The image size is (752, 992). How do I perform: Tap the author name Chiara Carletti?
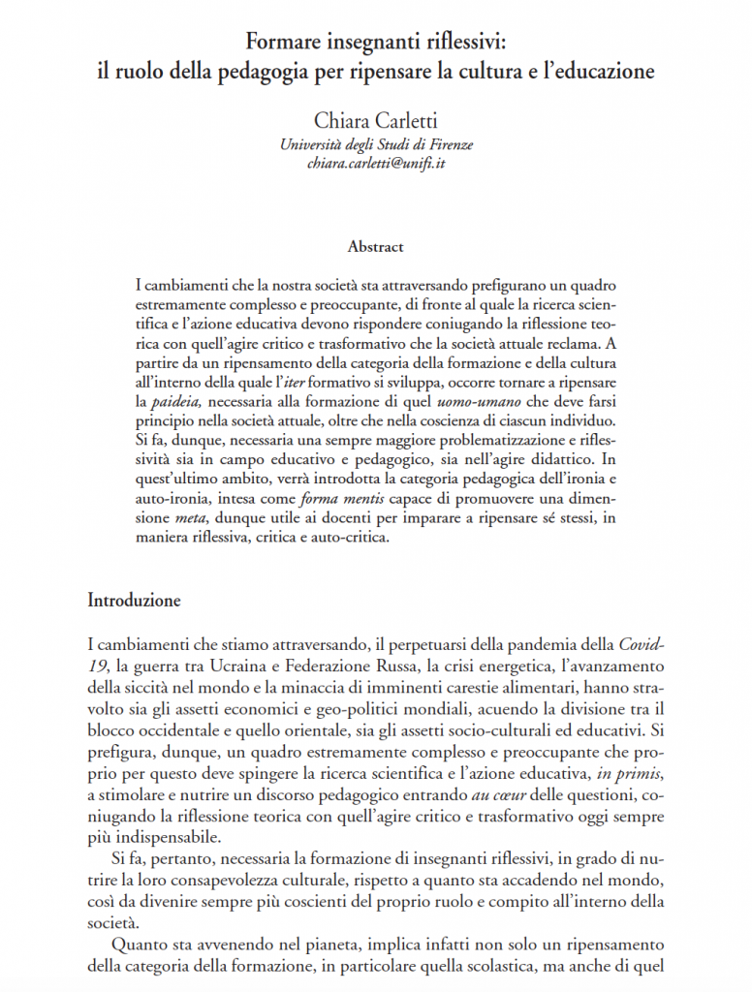(375, 121)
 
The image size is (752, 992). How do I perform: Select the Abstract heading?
(375, 247)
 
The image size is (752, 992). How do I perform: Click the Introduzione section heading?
(134, 600)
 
